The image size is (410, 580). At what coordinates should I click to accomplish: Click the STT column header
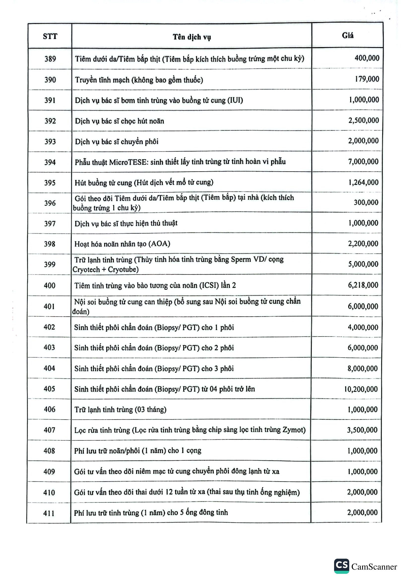coord(50,36)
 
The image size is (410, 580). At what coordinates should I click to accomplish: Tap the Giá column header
coord(347,35)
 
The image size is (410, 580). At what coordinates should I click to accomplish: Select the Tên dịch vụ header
coord(192,37)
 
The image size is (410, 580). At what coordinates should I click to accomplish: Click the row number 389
coord(50,59)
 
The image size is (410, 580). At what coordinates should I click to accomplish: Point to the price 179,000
coord(367,79)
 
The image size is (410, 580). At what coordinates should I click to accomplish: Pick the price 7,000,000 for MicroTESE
coord(363,162)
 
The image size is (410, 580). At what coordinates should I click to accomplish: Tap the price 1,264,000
coord(363,183)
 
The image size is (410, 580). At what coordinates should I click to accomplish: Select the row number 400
coord(50,285)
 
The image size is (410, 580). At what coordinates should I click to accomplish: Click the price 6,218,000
coord(363,285)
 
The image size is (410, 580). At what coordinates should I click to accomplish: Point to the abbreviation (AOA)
coord(159,244)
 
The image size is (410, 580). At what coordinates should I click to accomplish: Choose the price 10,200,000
coord(361,389)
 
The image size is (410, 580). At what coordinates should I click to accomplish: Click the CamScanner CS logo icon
coord(342,566)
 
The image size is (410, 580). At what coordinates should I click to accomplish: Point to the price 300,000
coord(366,202)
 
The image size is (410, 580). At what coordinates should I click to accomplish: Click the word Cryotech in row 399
coord(86,270)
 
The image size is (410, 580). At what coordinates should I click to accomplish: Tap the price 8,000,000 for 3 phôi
coord(363,368)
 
